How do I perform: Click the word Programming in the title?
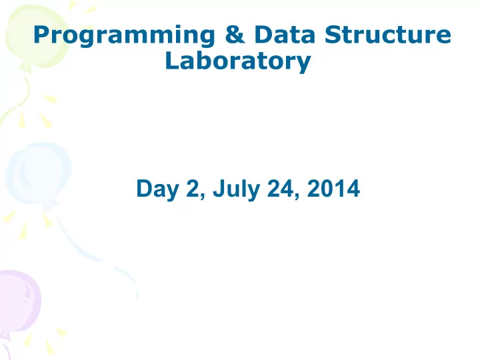point(124,36)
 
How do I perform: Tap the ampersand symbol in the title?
point(235,34)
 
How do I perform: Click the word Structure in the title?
point(387,34)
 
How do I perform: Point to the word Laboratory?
point(238,63)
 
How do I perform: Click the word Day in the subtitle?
point(157,190)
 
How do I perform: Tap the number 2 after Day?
point(193,189)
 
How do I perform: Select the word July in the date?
point(236,190)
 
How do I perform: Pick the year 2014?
point(333,188)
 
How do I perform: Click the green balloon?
point(36,35)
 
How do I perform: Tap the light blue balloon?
point(39,173)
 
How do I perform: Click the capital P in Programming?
point(41,34)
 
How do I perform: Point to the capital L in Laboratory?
point(172,61)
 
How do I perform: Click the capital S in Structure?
point(333,34)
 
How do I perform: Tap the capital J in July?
point(219,189)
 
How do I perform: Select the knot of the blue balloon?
point(50,205)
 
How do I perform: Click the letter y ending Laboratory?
point(303,64)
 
